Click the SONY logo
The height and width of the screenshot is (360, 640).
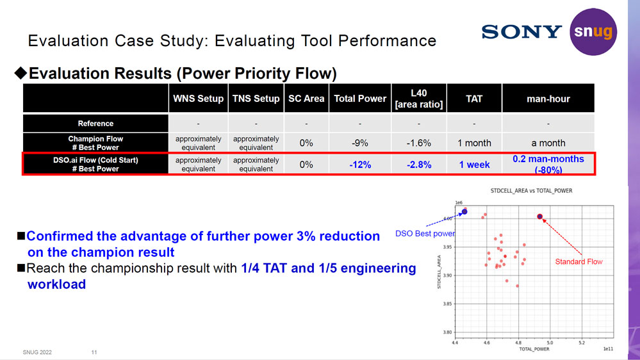[521, 31]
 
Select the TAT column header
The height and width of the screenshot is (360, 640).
[474, 99]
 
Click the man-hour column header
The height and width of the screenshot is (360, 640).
[548, 99]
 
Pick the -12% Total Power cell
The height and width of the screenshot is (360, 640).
[360, 165]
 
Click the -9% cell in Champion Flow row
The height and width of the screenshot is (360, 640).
[360, 143]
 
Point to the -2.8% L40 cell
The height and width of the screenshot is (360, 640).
[418, 165]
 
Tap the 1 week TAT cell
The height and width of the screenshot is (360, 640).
[474, 165]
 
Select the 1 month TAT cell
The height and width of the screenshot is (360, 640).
[474, 143]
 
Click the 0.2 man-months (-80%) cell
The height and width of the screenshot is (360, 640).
[548, 165]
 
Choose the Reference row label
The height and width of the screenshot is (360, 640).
[95, 124]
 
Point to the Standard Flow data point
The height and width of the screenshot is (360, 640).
[540, 217]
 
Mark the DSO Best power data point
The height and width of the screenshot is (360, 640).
[464, 211]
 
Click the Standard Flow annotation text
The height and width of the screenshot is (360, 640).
[578, 262]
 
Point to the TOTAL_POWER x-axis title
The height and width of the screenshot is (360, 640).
[534, 350]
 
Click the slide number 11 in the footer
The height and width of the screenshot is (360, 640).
[94, 352]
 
